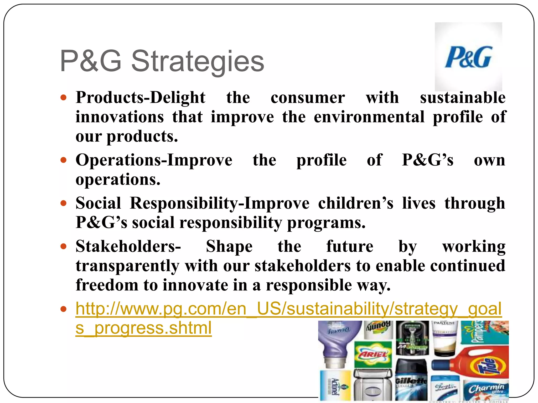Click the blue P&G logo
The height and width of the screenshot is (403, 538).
coord(468,57)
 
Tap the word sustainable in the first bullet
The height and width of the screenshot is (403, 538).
coord(463,98)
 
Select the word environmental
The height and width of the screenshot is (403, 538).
coord(369,117)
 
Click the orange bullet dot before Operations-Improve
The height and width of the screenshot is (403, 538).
coord(63,160)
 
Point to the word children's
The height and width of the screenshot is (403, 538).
coord(356,203)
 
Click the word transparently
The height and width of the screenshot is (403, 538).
coord(127,266)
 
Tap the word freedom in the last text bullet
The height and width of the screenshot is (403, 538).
coord(107,285)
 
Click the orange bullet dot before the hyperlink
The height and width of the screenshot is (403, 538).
coord(63,309)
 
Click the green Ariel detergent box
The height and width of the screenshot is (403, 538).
coord(373,354)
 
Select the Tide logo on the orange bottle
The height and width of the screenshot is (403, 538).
coord(487,366)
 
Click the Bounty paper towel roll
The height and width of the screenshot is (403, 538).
coord(378,330)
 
